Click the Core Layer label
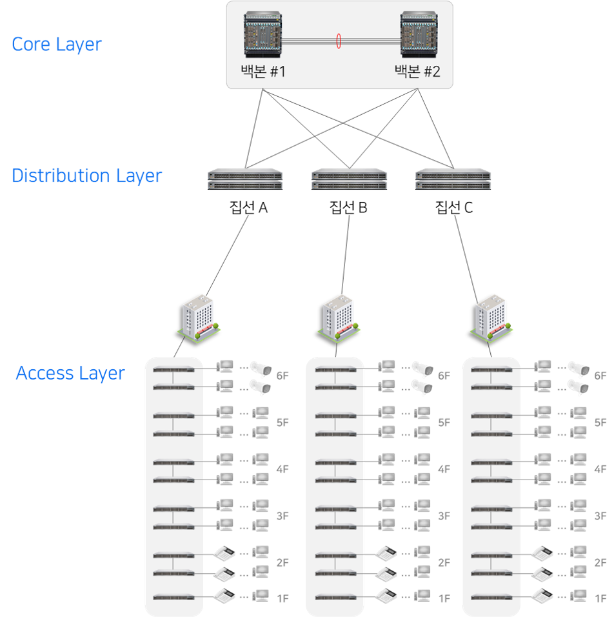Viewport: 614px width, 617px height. click(x=57, y=44)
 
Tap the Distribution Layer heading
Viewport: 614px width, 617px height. click(x=86, y=176)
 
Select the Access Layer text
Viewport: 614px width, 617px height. click(x=70, y=373)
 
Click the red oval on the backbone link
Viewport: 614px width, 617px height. click(x=338, y=41)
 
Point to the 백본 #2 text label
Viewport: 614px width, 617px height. click(x=417, y=71)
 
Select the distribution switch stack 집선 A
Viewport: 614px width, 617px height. click(x=245, y=179)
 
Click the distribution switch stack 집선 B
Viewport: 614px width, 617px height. click(x=349, y=179)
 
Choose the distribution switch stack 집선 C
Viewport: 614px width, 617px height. click(x=453, y=179)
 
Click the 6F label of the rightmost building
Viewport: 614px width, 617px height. click(x=600, y=376)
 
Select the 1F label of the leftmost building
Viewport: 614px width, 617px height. click(x=282, y=599)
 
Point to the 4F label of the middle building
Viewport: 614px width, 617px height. click(x=444, y=470)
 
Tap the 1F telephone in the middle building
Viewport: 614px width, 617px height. click(x=386, y=595)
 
